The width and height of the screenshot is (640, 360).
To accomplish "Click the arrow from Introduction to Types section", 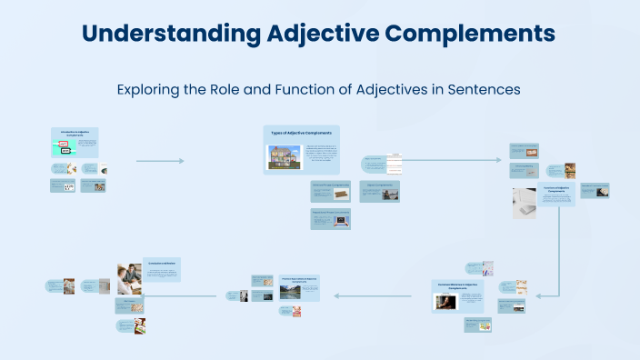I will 160,161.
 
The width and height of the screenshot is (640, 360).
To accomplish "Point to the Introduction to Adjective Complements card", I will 75,143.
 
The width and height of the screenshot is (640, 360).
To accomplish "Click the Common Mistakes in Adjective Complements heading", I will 464,287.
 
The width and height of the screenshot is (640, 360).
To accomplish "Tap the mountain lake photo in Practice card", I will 265,284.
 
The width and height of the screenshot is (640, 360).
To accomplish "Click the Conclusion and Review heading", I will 161,262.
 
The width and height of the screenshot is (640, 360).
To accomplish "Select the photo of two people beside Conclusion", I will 128,279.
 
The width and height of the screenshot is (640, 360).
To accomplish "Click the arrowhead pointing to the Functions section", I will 498,161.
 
